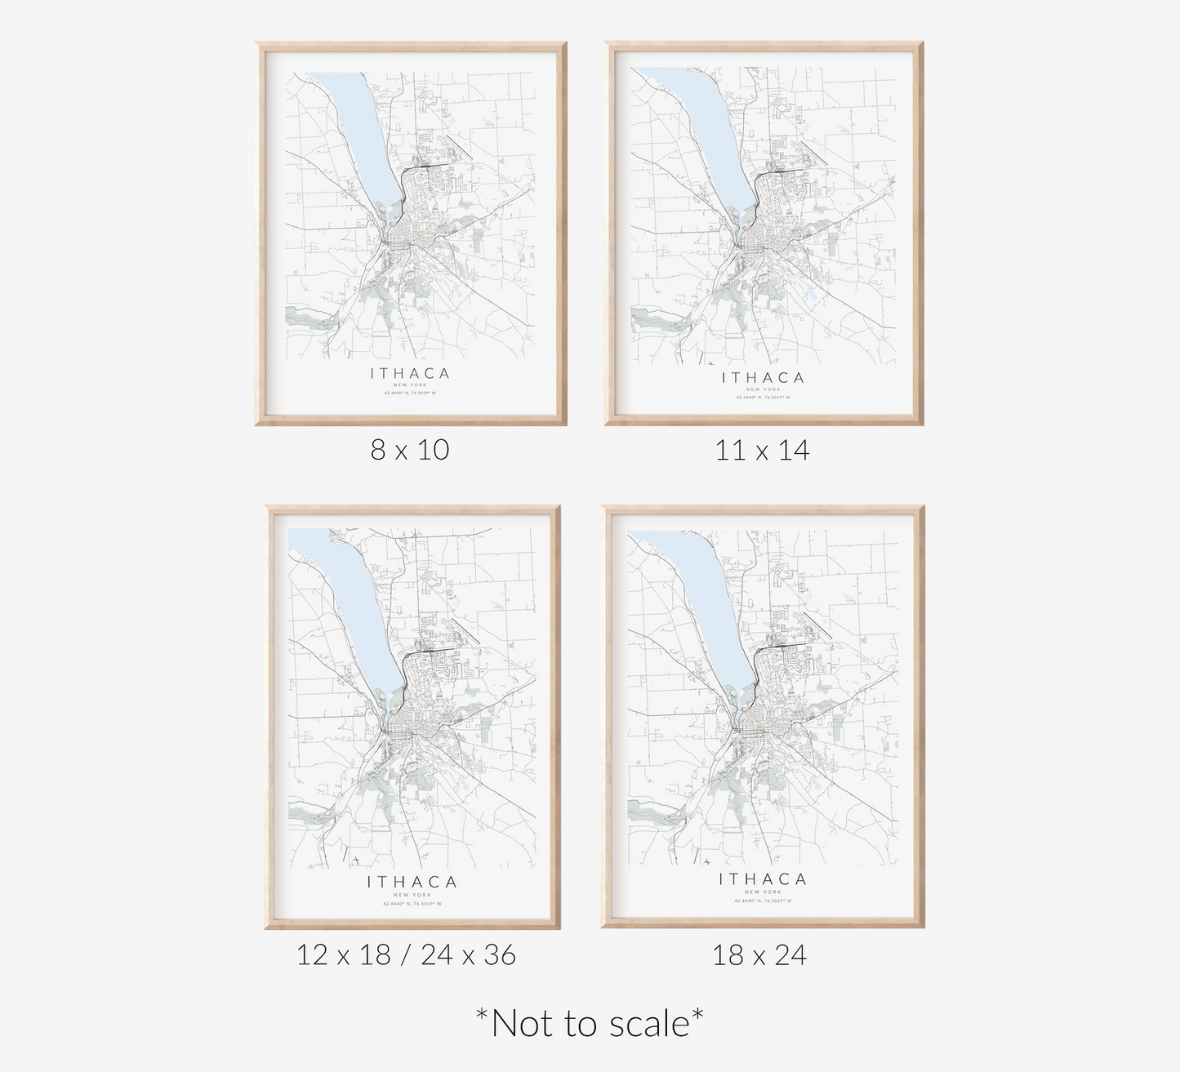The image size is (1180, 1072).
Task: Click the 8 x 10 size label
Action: point(410,450)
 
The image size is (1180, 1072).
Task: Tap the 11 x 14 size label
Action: point(762,450)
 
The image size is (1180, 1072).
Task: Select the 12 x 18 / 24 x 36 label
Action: point(406,954)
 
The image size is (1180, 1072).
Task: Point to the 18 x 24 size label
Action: point(759,954)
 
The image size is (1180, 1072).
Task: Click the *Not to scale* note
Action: point(590,1023)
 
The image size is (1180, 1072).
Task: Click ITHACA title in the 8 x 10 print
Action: point(410,373)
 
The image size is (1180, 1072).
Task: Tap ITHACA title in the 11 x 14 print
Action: point(763,377)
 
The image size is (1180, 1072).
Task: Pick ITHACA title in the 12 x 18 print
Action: point(412,882)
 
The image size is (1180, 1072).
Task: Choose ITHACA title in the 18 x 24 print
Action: point(763,879)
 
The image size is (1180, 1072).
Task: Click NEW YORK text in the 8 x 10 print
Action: point(410,385)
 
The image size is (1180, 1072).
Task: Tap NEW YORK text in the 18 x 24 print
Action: point(763,892)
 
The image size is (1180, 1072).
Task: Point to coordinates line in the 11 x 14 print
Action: point(763,398)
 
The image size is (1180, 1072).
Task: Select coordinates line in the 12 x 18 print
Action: point(412,904)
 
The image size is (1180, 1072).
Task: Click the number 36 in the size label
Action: point(499,954)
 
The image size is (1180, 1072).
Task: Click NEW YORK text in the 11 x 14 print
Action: point(763,389)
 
